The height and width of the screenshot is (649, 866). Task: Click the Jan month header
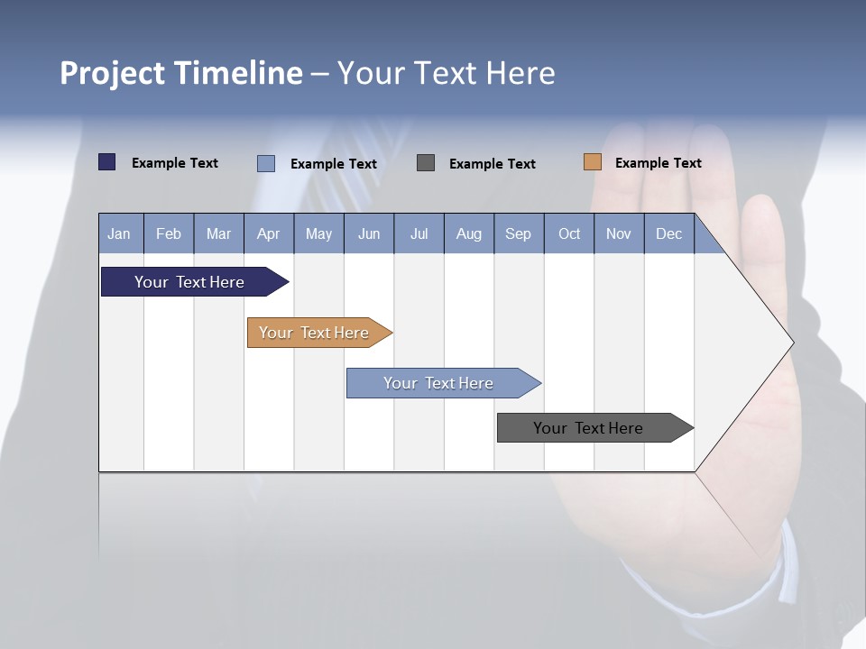tap(120, 233)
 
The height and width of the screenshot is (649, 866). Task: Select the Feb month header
tap(169, 233)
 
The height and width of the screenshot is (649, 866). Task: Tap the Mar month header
tap(218, 233)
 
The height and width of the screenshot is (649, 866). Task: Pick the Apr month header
tap(269, 233)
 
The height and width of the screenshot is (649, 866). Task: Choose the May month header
tap(318, 233)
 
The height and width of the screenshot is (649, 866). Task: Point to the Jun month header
tap(369, 233)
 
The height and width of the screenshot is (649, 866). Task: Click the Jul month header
tap(419, 233)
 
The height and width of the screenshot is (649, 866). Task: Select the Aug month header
tap(469, 233)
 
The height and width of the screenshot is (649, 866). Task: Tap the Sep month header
tap(519, 233)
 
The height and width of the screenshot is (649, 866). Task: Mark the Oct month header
tap(569, 233)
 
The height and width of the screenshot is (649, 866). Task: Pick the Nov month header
tap(619, 233)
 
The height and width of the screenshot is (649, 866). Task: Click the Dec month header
tap(669, 233)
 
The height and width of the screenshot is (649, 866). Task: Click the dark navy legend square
tap(107, 162)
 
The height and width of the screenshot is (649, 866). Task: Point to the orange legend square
tap(592, 162)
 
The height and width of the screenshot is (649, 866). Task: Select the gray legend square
tap(426, 162)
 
